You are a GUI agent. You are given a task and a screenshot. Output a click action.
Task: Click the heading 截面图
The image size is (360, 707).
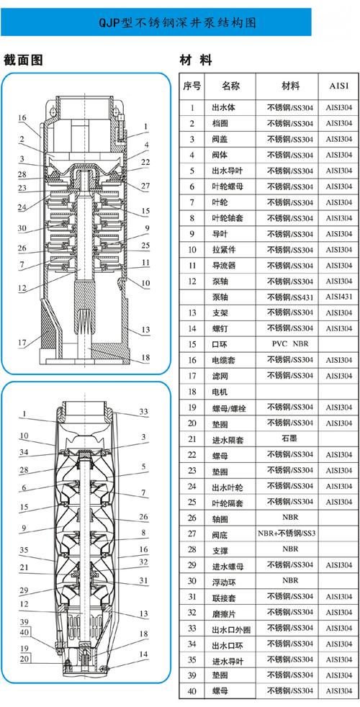point(23,60)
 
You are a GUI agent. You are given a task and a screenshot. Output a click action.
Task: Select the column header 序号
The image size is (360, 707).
point(192,86)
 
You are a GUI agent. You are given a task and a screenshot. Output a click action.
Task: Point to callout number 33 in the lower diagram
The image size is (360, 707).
point(143,412)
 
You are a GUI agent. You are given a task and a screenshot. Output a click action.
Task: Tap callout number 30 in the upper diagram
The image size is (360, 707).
point(22,228)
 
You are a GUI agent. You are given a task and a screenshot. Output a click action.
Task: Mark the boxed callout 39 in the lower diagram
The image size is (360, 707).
point(24,622)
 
